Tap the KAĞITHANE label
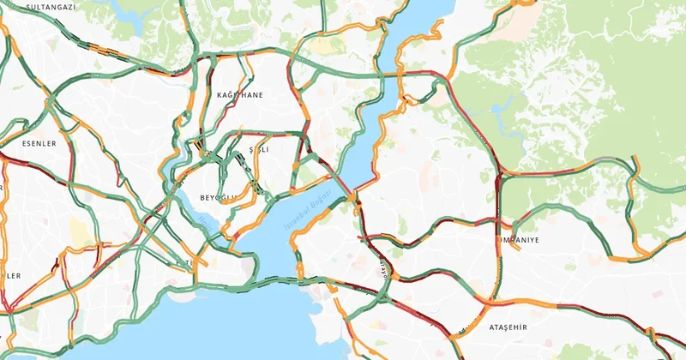(x=240, y=94)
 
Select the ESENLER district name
(x=39, y=144)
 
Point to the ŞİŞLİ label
(x=258, y=149)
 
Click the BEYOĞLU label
(x=218, y=198)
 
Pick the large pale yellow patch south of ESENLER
(x=80, y=231)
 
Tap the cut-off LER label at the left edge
(x=10, y=276)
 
